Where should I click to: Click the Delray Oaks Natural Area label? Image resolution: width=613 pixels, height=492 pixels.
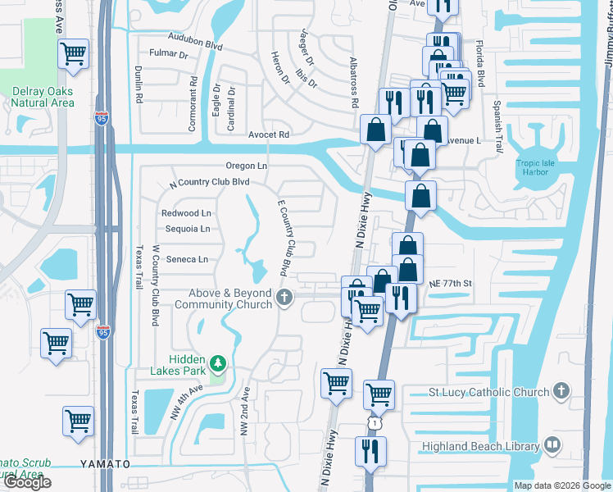43,97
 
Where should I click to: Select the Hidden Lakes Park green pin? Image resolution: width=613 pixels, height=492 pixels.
217,362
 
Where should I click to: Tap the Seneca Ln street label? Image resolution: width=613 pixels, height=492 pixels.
187,259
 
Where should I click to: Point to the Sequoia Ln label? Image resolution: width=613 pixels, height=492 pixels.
187,229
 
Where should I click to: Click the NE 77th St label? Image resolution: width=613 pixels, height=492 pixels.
451,283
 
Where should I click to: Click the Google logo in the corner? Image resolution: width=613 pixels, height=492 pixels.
27,482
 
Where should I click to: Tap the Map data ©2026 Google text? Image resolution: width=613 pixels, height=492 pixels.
562,485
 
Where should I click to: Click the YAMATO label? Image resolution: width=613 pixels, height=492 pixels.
106,463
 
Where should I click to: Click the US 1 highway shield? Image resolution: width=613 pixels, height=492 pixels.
373,421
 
